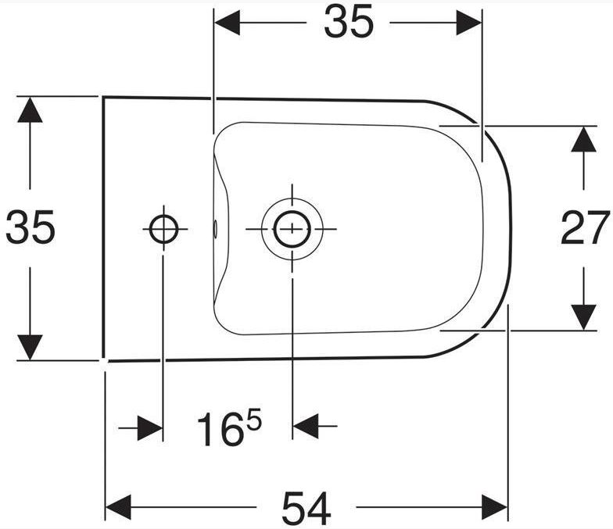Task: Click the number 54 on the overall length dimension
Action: coord(306,508)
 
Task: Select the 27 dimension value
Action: coord(585,227)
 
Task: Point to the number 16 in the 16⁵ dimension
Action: coord(218,431)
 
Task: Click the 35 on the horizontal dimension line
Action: coord(348,24)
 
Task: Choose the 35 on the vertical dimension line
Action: coord(30,227)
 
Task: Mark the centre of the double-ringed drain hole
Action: coord(290,229)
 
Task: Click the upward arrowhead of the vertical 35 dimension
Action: coord(30,109)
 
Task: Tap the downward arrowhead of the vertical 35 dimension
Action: coord(30,347)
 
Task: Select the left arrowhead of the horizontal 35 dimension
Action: coord(227,23)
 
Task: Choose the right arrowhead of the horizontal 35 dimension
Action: coord(469,23)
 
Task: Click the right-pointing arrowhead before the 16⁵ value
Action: coord(152,427)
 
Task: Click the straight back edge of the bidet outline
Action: coord(103,227)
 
